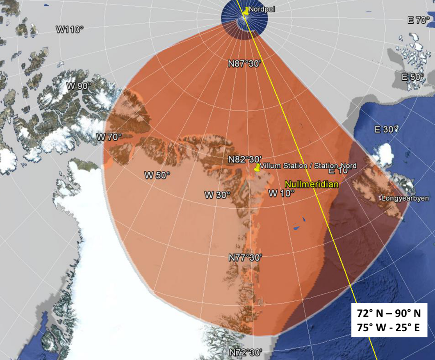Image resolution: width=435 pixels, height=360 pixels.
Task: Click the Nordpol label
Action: pyautogui.click(x=259, y=9)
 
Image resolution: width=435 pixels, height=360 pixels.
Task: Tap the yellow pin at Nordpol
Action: pyautogui.click(x=246, y=11)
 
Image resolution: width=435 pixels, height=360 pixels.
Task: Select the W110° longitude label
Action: pyautogui.click(x=70, y=30)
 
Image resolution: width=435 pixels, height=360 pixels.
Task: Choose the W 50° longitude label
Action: pyautogui.click(x=157, y=175)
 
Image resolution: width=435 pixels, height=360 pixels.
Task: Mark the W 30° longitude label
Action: pyautogui.click(x=217, y=195)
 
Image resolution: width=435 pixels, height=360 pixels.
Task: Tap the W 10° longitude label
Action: pyautogui.click(x=282, y=193)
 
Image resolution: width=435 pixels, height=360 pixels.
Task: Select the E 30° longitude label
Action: pyautogui.click(x=386, y=129)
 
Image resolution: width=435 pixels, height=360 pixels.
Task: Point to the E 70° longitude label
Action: pyautogui.click(x=419, y=20)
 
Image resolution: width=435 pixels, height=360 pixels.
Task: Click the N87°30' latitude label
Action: pyautogui.click(x=244, y=64)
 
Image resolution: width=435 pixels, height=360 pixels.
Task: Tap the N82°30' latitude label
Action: pyautogui.click(x=245, y=159)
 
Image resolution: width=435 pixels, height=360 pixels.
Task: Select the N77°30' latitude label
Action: pyautogui.click(x=246, y=258)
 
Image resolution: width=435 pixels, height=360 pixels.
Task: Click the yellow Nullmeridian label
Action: pyautogui.click(x=312, y=184)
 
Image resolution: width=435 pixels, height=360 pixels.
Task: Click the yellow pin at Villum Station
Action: pyautogui.click(x=257, y=168)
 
